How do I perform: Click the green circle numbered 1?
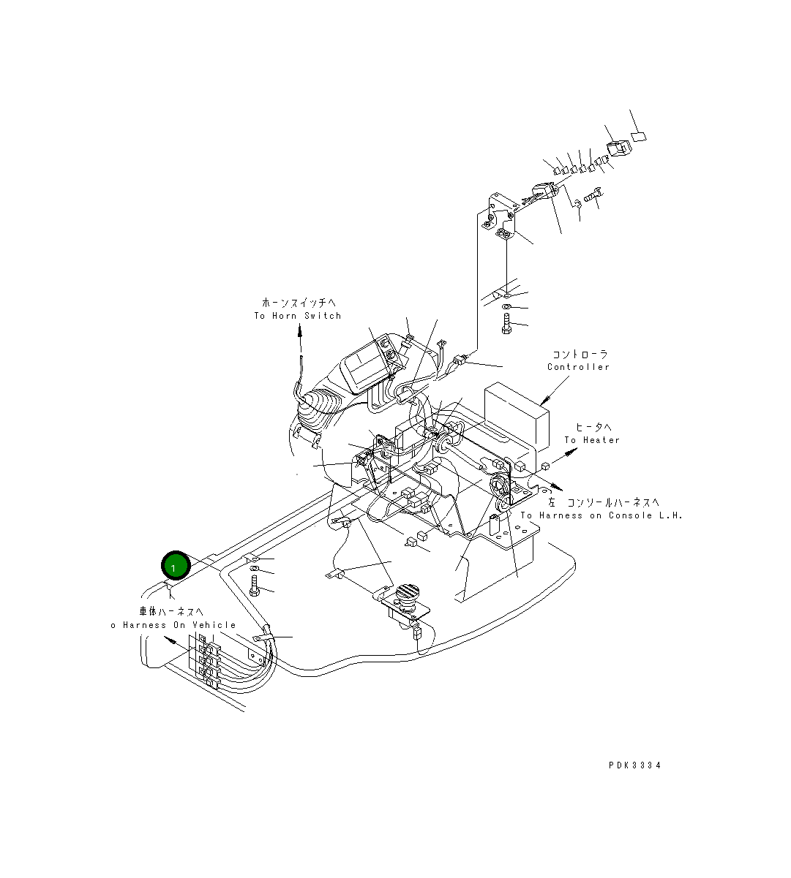[x=175, y=565]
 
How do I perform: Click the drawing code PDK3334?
[x=634, y=765]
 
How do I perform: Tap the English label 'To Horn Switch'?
[x=297, y=316]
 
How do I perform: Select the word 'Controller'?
[x=578, y=367]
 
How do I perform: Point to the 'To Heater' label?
[x=591, y=440]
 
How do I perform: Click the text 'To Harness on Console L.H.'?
[x=601, y=515]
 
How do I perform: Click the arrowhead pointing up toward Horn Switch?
[x=299, y=331]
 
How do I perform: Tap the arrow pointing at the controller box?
[x=544, y=400]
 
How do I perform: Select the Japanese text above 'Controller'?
[x=579, y=355]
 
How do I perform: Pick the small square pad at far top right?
[x=639, y=135]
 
